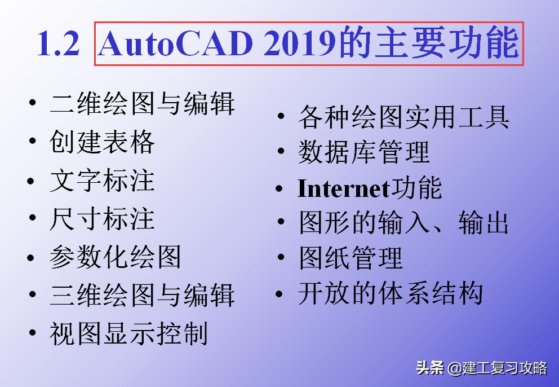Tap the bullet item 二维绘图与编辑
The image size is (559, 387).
pyautogui.click(x=142, y=104)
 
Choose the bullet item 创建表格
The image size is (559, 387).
pyautogui.click(x=102, y=143)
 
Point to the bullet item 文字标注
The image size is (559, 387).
pyautogui.click(x=102, y=181)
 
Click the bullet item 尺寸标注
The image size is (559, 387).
pyautogui.click(x=102, y=219)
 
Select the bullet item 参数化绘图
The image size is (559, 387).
pyautogui.click(x=116, y=257)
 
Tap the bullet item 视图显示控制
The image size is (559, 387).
pyautogui.click(x=128, y=333)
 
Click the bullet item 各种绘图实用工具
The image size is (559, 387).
pyautogui.click(x=403, y=117)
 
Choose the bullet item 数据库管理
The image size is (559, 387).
pyautogui.click(x=363, y=152)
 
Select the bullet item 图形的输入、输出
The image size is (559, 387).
pyautogui.click(x=403, y=223)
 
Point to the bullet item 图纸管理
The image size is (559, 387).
pyautogui.click(x=351, y=258)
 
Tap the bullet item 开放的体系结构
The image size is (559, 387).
pyautogui.click(x=390, y=294)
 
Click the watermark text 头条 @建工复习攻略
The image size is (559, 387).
pyautogui.click(x=481, y=368)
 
